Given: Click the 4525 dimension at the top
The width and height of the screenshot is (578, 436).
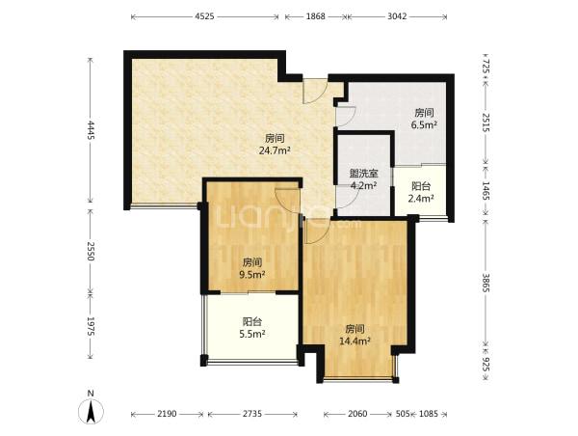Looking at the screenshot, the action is (x=204, y=16).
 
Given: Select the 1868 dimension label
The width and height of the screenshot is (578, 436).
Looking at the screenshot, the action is (x=316, y=16).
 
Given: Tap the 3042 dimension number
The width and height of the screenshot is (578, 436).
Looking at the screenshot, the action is (x=397, y=16).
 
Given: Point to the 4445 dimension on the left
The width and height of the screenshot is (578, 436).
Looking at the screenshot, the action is (x=91, y=131).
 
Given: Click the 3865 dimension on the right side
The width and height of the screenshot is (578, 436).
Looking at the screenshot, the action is (x=486, y=284).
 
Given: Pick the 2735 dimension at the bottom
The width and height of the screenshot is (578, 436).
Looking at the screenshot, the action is (x=252, y=414).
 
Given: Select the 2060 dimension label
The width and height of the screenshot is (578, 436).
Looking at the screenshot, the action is (x=357, y=414).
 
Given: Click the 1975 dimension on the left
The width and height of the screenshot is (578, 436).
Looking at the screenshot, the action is (x=91, y=326).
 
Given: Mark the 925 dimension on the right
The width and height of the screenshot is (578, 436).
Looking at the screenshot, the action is (x=486, y=365).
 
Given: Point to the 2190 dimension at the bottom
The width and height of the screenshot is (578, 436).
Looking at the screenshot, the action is (x=168, y=414).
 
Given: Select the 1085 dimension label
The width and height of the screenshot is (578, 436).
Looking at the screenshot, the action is (x=428, y=414).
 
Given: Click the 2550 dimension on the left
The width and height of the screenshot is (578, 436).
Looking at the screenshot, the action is (x=91, y=251).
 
